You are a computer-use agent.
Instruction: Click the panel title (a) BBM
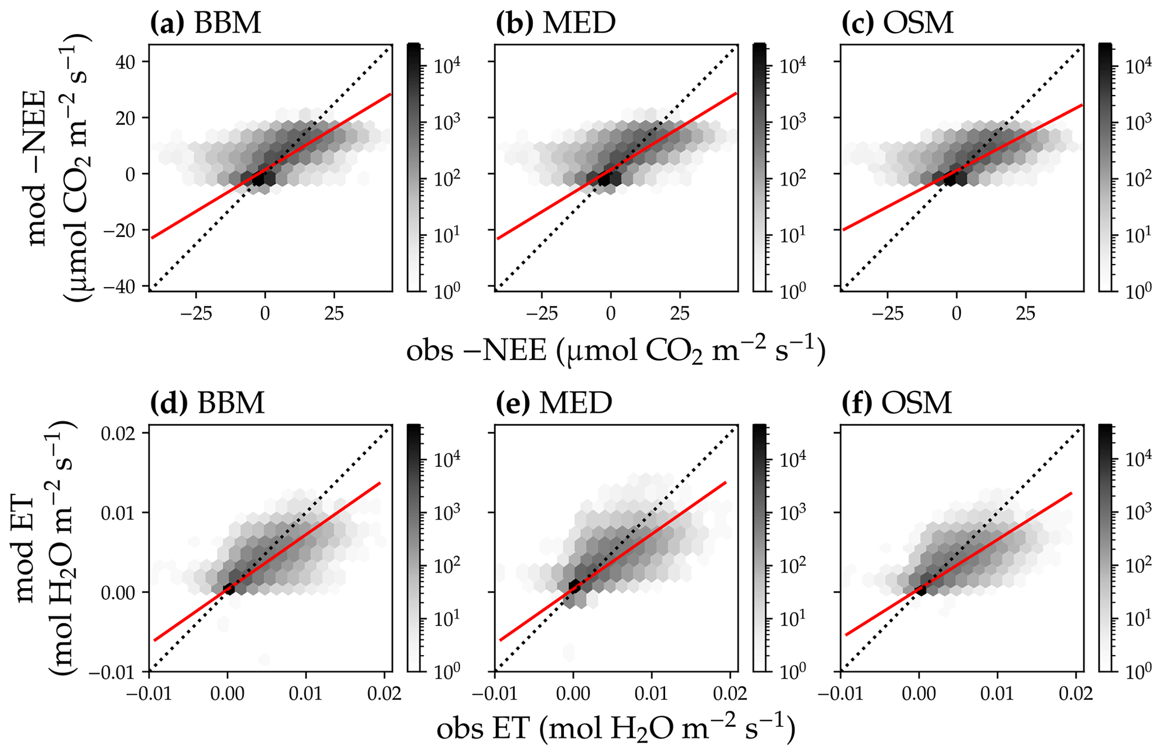click(x=206, y=23)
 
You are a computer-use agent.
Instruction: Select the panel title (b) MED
click(x=556, y=23)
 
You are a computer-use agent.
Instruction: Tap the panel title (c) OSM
click(x=898, y=23)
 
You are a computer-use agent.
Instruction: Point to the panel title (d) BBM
click(x=207, y=403)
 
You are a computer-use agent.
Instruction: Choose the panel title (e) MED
click(x=554, y=403)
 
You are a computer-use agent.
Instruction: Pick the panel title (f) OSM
click(x=897, y=403)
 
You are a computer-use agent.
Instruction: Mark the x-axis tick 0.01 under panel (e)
click(x=652, y=693)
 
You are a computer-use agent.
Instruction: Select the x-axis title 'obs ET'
click(x=616, y=729)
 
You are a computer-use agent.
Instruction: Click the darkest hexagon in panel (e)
click(x=575, y=586)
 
